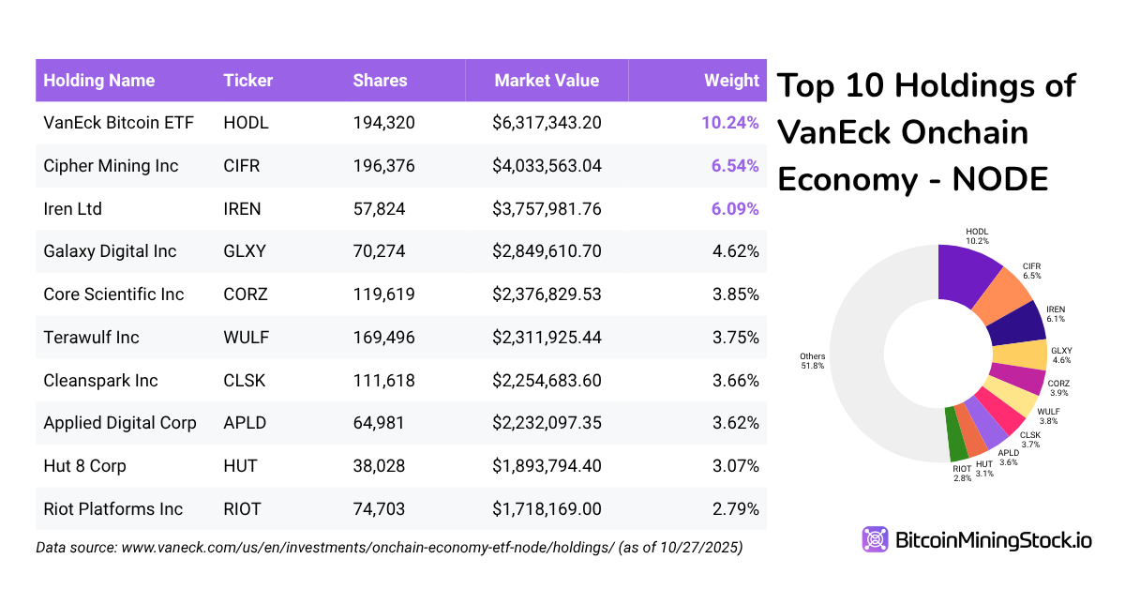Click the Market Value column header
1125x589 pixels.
(547, 81)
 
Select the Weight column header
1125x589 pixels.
(731, 81)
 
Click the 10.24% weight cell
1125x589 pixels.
(729, 123)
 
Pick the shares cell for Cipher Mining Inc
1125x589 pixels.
(383, 166)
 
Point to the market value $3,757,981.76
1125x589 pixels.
(547, 209)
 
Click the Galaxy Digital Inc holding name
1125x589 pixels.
(110, 251)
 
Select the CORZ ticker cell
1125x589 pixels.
(246, 294)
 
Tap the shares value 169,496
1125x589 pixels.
(383, 338)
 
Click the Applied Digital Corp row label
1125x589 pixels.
(120, 423)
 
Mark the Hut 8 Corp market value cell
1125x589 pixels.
(547, 466)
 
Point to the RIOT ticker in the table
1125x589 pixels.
(243, 509)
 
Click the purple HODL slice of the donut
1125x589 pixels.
(965, 272)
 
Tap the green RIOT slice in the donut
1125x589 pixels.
(954, 433)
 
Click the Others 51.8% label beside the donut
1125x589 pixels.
(812, 361)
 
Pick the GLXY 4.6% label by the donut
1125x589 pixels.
(1061, 355)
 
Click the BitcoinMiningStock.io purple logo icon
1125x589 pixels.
(876, 539)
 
